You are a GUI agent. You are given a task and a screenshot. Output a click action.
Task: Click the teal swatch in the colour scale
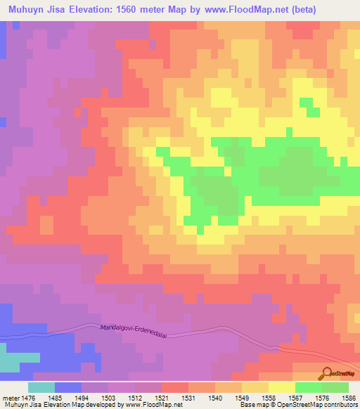41,388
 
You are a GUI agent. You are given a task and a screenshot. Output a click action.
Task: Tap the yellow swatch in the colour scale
281,388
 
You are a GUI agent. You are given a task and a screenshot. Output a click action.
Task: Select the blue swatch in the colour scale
68,388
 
